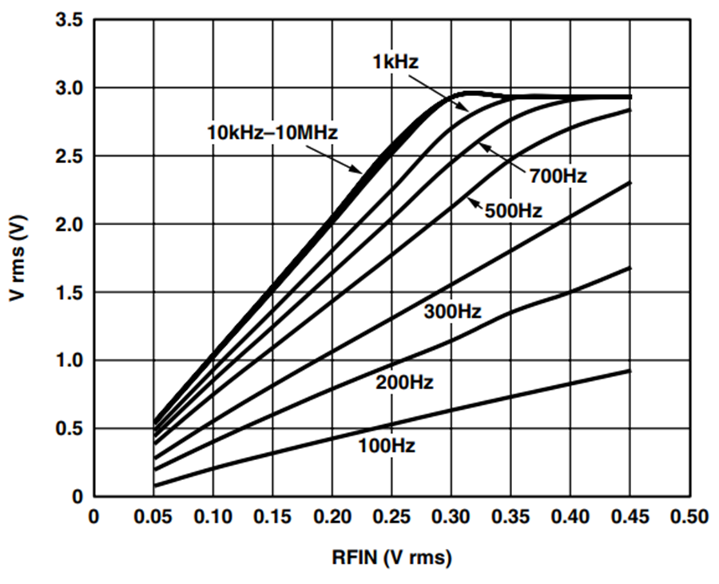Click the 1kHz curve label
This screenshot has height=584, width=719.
pos(395,62)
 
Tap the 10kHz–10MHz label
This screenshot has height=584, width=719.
pos(272,133)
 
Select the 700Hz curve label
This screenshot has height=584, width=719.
pos(558,176)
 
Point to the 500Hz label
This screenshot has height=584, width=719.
pos(514,211)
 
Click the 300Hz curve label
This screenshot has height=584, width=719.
pos(453,312)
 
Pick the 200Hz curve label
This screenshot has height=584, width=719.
pos(404,383)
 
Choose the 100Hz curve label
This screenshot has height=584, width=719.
pos(387,446)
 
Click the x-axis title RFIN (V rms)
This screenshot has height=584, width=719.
pos(391,558)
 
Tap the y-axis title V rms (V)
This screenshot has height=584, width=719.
pos(18,259)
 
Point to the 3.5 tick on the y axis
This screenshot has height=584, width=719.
pos(69,20)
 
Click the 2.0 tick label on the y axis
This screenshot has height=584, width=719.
pos(69,224)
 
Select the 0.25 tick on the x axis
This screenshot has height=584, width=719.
pos(391,517)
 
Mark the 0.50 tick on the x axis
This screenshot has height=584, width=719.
pos(689,517)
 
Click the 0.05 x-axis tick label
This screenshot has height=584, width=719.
pos(153,517)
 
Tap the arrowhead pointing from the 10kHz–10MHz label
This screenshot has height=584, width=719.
pos(357,170)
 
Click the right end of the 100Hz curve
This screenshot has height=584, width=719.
pos(630,371)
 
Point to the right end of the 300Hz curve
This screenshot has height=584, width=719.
pos(630,183)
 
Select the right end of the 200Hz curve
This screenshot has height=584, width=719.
pos(630,268)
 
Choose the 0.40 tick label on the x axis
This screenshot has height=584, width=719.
pos(570,517)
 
